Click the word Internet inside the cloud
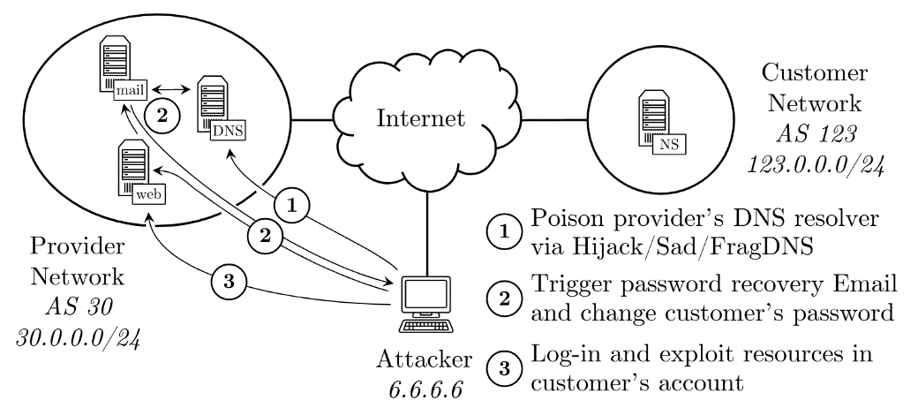coord(419,117)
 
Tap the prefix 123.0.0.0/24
coord(803,163)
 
